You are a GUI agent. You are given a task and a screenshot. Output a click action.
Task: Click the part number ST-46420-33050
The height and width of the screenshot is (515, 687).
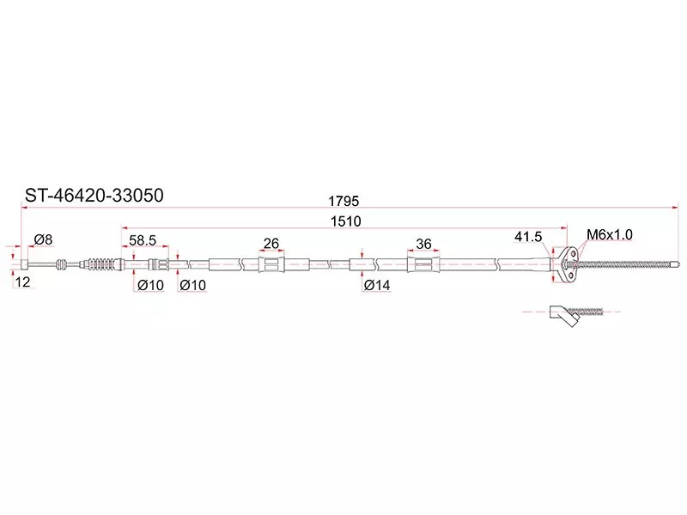tap(94, 196)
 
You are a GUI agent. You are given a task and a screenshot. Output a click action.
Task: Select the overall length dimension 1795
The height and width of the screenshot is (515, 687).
tap(344, 201)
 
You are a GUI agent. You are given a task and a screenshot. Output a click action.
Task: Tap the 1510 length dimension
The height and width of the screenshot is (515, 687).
tap(346, 221)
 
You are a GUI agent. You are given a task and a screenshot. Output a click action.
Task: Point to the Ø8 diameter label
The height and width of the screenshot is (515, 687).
tap(43, 239)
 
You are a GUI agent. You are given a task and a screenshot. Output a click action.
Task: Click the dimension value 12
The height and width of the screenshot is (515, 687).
tap(22, 282)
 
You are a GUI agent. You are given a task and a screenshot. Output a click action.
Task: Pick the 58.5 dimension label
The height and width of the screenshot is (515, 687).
tap(143, 240)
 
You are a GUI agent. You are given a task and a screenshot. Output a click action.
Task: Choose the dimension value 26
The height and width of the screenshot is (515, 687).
tap(271, 243)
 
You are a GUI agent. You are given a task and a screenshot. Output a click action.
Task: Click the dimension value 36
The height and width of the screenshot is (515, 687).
tap(423, 244)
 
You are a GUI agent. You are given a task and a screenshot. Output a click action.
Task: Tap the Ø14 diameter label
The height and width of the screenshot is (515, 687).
tap(377, 285)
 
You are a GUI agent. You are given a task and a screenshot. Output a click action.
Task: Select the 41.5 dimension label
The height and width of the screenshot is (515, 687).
tap(528, 237)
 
